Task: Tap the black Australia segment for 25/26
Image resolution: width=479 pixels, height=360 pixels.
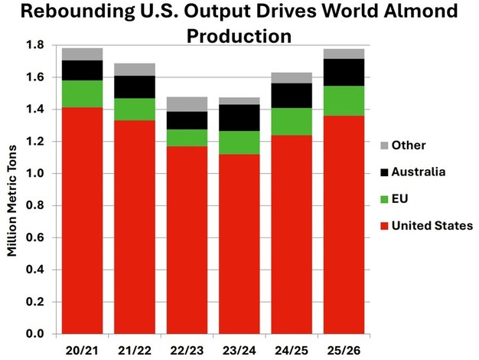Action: pos(344,72)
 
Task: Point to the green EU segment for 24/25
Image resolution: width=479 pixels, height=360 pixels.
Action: pos(292,121)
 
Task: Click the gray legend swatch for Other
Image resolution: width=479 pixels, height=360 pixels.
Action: pos(384,146)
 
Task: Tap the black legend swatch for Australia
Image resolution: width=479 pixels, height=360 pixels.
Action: pos(384,172)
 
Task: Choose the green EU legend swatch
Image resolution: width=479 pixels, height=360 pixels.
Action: pos(384,199)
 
